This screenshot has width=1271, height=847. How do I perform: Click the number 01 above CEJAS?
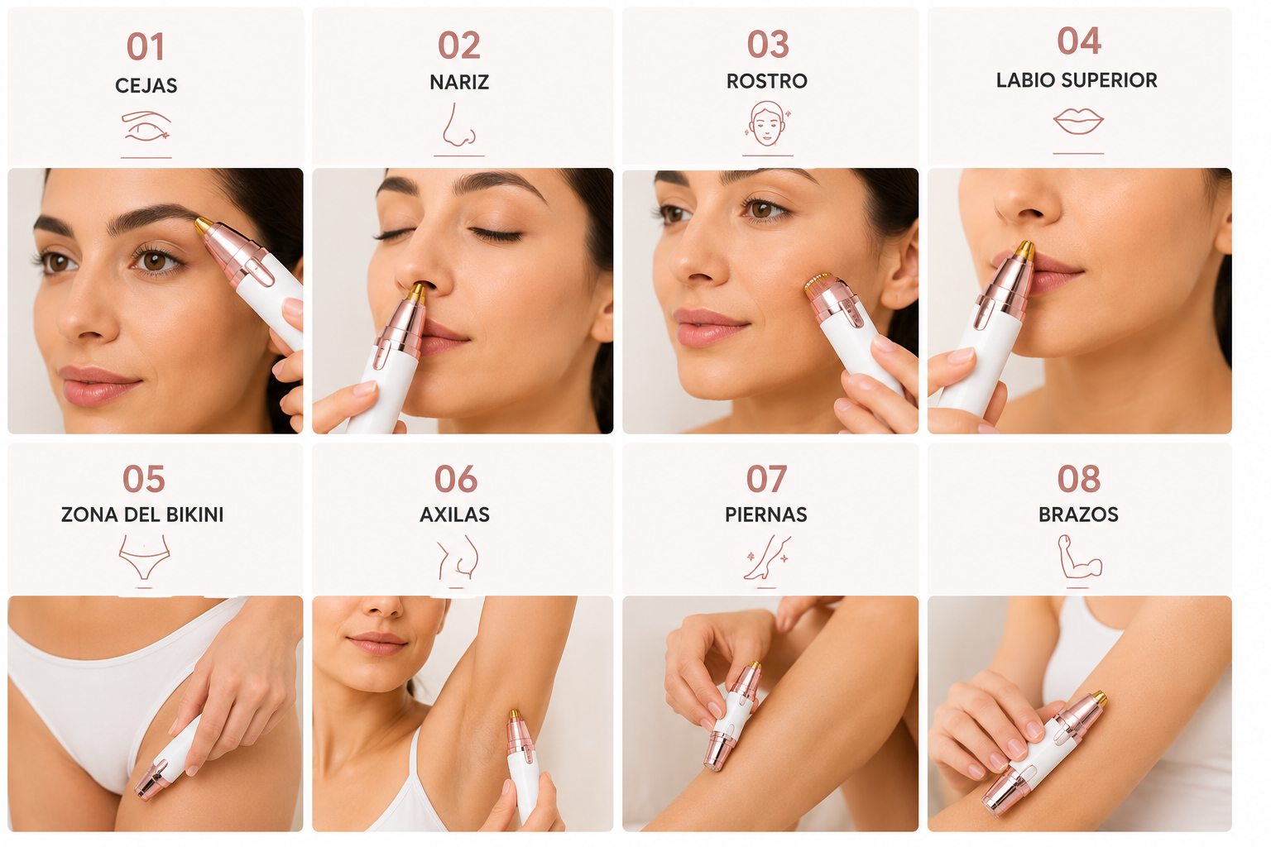tap(146, 46)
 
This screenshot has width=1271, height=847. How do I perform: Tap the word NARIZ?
tap(459, 82)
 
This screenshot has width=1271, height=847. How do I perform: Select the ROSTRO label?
tap(766, 81)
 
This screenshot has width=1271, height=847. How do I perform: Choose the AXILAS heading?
tap(454, 514)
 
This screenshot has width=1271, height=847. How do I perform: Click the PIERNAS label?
tap(766, 514)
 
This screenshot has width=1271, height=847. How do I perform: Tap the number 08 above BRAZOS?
tap(1079, 479)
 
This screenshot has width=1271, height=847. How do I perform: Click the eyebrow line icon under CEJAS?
tap(146, 126)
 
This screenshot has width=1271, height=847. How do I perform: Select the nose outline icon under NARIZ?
tap(458, 124)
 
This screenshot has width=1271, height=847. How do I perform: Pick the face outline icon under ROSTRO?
tap(767, 124)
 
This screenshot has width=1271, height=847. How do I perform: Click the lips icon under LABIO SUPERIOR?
tap(1078, 121)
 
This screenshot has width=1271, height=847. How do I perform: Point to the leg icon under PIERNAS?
tap(766, 557)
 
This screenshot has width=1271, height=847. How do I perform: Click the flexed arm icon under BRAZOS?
tap(1079, 557)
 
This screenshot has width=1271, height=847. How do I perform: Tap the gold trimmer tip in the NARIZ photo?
tap(417, 292)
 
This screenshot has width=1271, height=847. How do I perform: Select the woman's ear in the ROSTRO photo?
tap(903, 266)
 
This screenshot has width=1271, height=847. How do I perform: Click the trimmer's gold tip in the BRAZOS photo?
tap(1099, 698)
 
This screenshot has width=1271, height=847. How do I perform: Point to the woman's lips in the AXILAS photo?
tap(377, 643)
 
